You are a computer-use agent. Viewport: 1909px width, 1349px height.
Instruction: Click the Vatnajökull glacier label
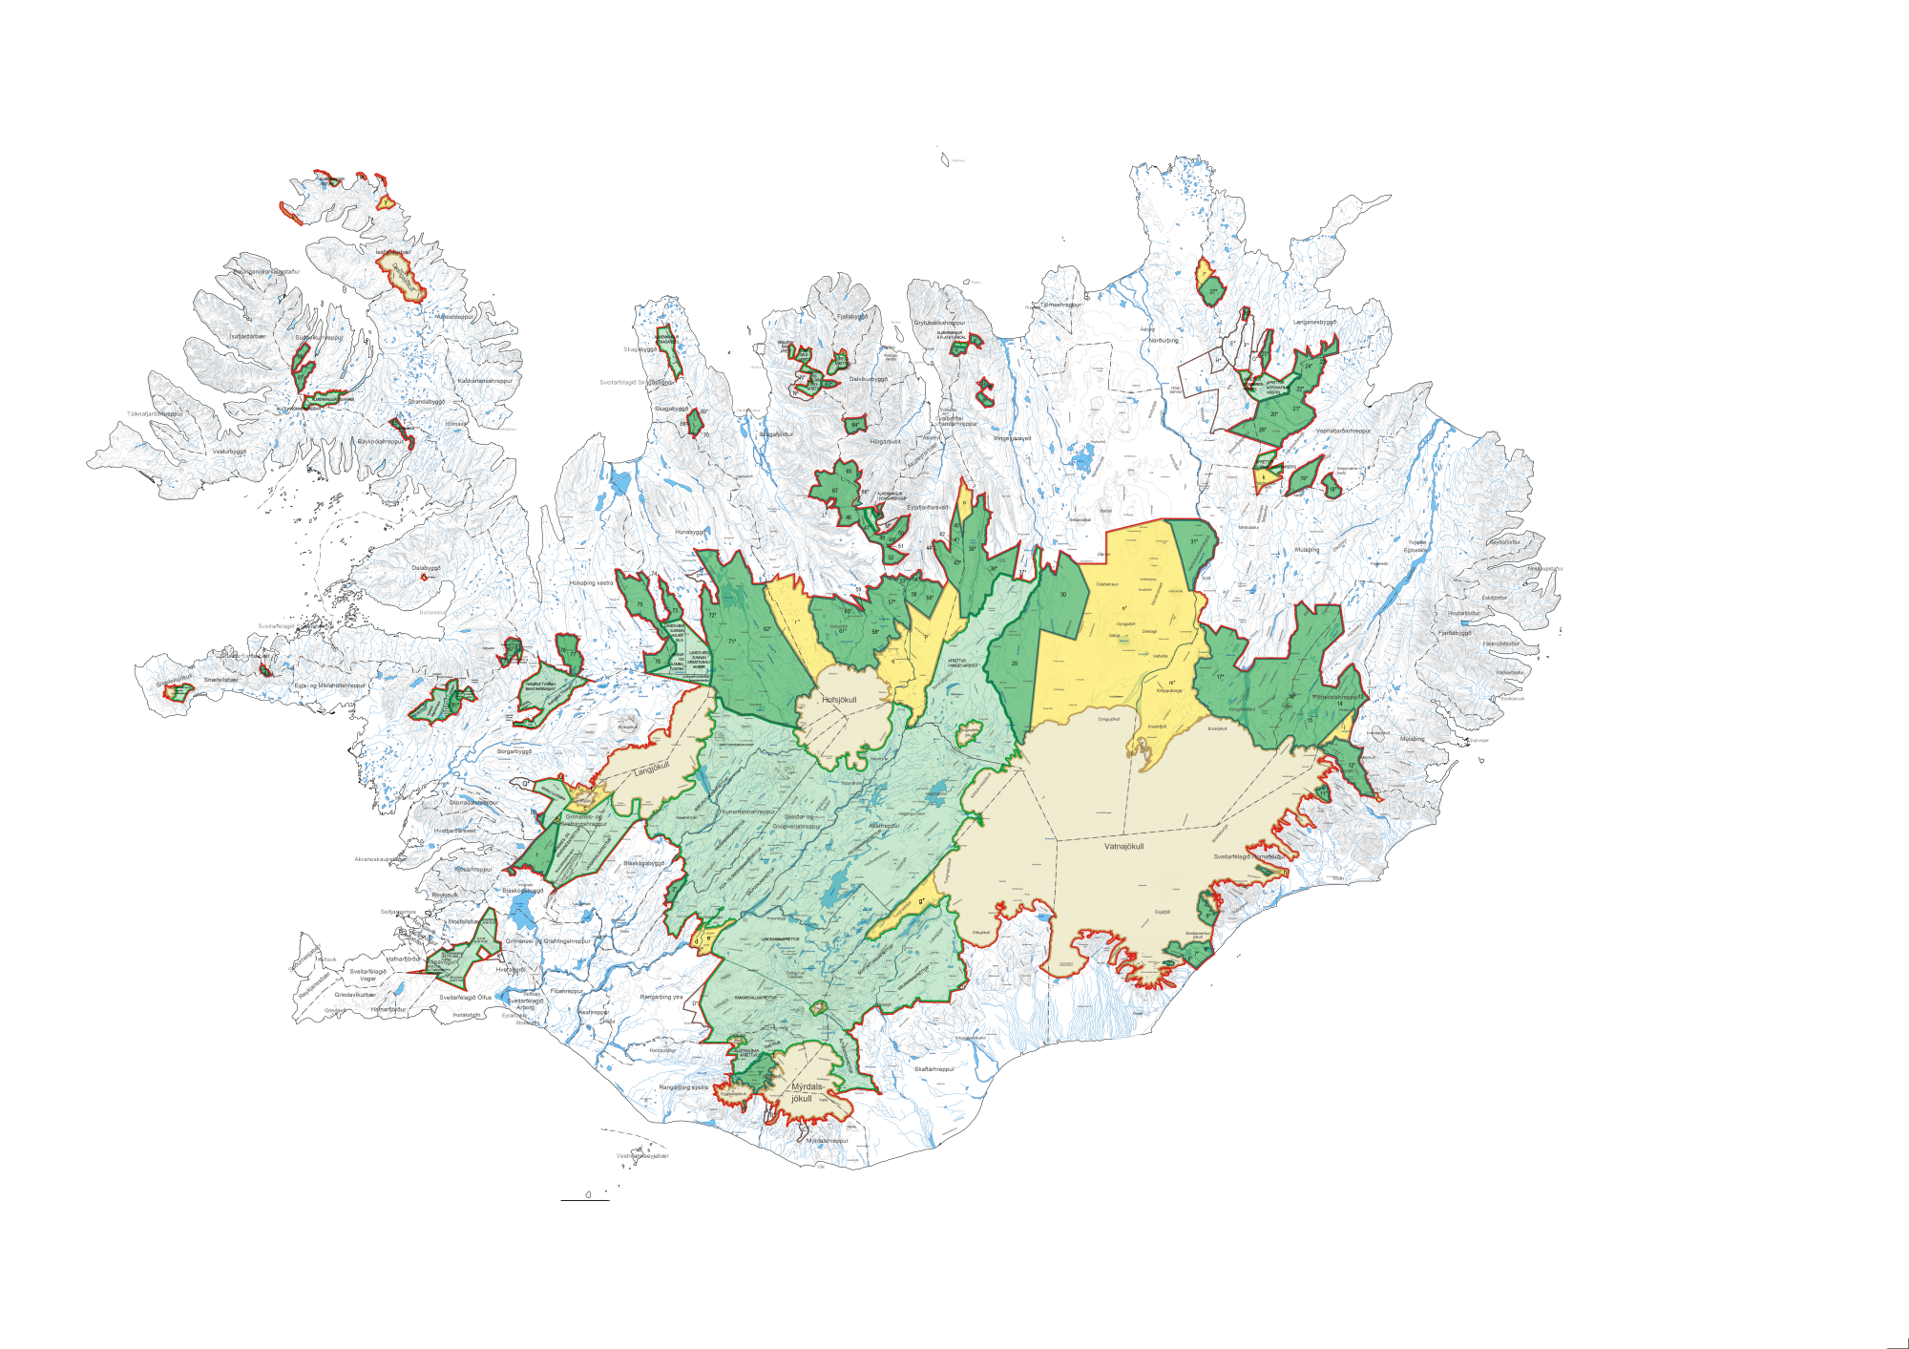tap(1123, 846)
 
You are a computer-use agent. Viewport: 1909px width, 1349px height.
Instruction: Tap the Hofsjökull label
tap(839, 700)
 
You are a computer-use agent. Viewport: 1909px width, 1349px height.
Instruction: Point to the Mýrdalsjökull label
tap(804, 1092)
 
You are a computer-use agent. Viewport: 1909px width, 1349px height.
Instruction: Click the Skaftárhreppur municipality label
tap(934, 1069)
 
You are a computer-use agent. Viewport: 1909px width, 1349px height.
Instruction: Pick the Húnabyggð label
tap(689, 532)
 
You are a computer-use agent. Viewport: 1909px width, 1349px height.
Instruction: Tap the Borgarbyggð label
tap(514, 751)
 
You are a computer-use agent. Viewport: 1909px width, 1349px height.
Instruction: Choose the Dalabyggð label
tap(426, 568)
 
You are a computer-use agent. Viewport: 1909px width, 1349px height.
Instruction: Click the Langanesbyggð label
tap(1314, 322)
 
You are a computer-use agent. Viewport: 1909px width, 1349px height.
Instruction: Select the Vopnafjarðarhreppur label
tap(1343, 431)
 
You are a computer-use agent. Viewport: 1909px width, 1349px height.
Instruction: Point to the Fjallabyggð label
tap(852, 316)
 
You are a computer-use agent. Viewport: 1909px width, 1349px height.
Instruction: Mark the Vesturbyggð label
tap(229, 452)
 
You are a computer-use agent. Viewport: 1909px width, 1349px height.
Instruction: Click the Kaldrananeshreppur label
tap(485, 381)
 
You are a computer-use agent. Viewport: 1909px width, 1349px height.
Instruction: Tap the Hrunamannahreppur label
tap(748, 812)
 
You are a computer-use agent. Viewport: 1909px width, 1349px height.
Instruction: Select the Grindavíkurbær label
tap(355, 994)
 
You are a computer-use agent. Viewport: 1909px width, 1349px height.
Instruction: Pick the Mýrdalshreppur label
tap(827, 1140)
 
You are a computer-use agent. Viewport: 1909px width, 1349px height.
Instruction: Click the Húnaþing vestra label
tap(591, 582)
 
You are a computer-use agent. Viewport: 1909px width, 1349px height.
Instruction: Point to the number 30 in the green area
tap(1063, 595)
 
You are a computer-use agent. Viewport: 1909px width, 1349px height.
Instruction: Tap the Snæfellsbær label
tap(220, 680)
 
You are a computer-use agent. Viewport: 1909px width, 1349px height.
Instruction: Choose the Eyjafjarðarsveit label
tap(928, 508)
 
